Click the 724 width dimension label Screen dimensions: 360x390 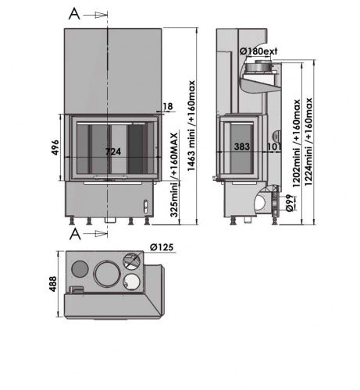tap(113, 151)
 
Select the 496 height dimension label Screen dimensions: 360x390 tap(55, 147)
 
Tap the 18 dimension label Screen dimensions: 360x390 tap(168, 106)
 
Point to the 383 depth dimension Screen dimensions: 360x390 tap(242, 147)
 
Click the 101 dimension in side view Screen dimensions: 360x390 tap(274, 147)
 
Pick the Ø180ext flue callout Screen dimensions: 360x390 tap(258, 51)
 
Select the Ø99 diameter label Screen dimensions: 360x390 tap(290, 203)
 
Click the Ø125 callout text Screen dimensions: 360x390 tap(162, 247)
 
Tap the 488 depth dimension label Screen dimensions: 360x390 tap(53, 284)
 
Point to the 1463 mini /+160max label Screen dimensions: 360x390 tap(191, 126)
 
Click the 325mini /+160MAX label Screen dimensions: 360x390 tap(174, 175)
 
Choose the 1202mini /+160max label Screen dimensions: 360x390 tap(297, 144)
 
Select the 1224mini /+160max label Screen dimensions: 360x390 tap(308, 142)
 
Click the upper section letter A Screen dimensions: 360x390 tap(74, 13)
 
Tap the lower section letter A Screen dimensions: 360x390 tap(75, 233)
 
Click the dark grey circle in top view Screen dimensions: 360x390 tap(80, 269)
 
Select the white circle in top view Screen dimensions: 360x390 tap(131, 282)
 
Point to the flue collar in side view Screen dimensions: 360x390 tap(259, 67)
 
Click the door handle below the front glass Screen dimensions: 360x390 tap(111, 178)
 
